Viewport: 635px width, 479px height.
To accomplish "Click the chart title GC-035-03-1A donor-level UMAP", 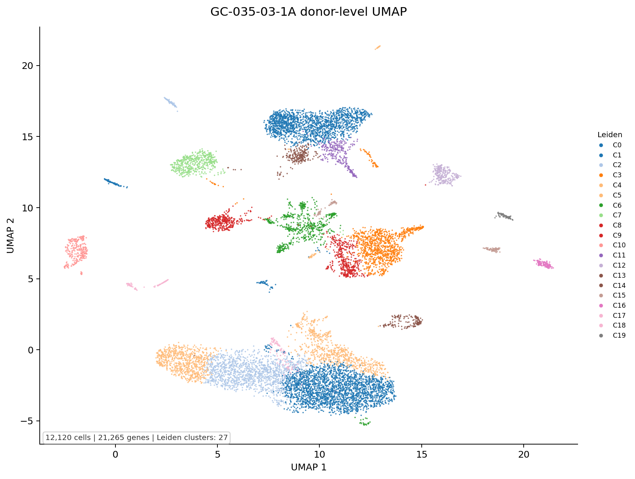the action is [x=309, y=12].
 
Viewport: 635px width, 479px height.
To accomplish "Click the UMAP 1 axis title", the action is [x=309, y=467].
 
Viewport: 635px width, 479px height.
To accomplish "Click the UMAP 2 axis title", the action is [x=10, y=235].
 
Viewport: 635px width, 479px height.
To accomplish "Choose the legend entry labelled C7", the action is [x=617, y=215].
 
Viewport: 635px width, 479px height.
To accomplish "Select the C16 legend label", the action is [x=619, y=305].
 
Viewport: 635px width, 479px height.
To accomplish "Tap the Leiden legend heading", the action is [x=610, y=135].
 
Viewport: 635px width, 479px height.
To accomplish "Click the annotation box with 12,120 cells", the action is [x=136, y=437].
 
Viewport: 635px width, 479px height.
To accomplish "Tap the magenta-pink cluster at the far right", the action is [x=543, y=263].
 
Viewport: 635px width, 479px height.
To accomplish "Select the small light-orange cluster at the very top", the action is [x=377, y=48].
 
